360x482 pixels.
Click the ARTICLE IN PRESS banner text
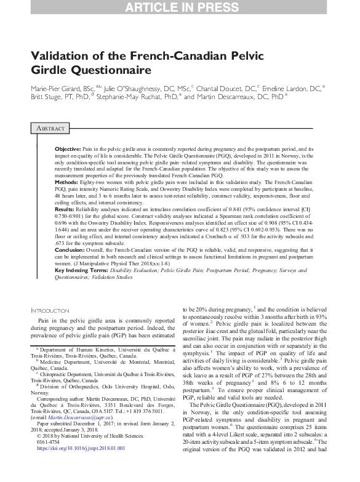point(180,8)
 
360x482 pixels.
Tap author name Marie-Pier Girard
point(58,89)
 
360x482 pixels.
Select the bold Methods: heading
point(67,183)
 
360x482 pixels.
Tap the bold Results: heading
point(66,210)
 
